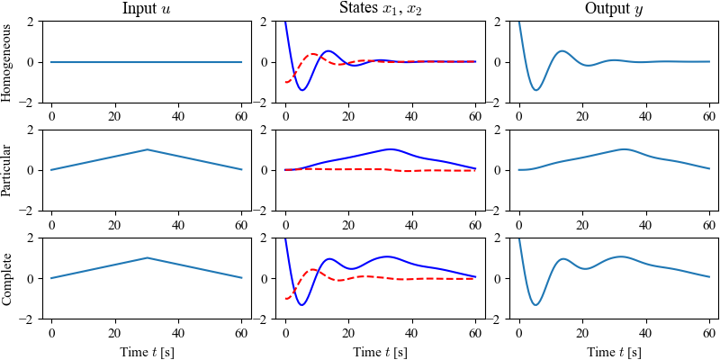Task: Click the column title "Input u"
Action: [x=147, y=10]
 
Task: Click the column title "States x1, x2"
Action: [x=381, y=10]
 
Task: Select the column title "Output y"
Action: [x=614, y=10]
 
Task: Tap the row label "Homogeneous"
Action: [x=8, y=62]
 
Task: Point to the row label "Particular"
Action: [x=8, y=170]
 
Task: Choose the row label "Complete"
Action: [x=8, y=278]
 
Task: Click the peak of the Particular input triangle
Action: [x=147, y=149]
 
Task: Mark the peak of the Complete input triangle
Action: [x=147, y=258]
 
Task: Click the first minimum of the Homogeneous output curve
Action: [x=536, y=90]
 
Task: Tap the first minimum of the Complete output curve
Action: [x=535, y=305]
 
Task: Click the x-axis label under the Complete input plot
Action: [x=147, y=351]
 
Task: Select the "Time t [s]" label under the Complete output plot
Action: [x=614, y=351]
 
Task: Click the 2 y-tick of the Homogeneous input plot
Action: [x=29, y=22]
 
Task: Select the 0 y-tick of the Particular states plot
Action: [x=263, y=170]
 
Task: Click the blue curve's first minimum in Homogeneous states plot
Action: [x=302, y=90]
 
